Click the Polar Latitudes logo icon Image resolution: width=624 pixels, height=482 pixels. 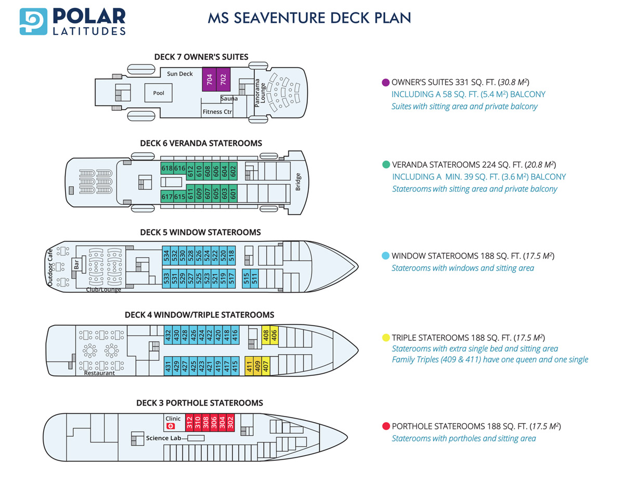(33, 21)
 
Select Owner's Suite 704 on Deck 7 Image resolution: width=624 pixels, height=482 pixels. (209, 79)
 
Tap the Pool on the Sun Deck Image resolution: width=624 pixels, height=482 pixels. (158, 93)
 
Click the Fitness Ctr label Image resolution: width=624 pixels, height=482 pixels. (217, 112)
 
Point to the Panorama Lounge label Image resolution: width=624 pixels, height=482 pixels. (260, 93)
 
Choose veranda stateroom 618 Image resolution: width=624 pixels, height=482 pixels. (167, 168)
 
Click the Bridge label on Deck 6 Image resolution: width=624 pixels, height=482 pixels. (298, 181)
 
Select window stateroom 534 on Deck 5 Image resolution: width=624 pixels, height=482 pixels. (166, 255)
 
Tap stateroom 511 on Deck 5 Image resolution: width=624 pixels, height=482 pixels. (254, 278)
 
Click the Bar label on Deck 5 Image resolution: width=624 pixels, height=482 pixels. (76, 264)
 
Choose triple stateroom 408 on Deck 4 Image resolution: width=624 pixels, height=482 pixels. (266, 335)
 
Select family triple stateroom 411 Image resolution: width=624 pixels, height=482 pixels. (249, 366)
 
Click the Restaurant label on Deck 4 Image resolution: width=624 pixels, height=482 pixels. (99, 373)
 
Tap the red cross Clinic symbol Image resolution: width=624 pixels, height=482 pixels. (171, 426)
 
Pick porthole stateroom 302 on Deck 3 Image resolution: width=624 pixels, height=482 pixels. (230, 423)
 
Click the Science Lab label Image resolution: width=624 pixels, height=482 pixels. (163, 438)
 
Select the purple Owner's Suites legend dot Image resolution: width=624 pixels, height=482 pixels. (386, 82)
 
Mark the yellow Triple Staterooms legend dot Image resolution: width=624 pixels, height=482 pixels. (386, 337)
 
